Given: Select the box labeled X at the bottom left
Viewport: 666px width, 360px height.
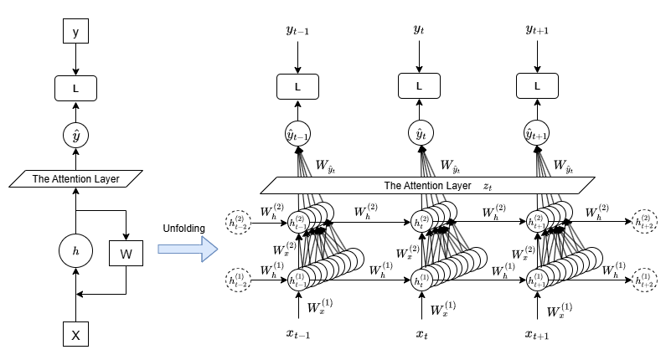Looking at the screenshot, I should [75, 335].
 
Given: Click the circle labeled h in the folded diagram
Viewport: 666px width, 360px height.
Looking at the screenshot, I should [75, 249].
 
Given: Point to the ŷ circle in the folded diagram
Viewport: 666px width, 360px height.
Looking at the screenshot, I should [75, 134].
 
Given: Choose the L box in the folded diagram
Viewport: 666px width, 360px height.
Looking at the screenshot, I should [75, 85].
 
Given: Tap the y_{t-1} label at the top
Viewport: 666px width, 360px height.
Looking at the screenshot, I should [298, 32].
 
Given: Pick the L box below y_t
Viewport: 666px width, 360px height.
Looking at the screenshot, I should [419, 85].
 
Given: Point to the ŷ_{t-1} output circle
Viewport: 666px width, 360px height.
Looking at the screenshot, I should [298, 134].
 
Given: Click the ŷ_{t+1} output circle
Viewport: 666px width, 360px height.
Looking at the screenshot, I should [536, 134].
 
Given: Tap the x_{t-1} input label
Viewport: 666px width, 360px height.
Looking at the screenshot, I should [298, 335].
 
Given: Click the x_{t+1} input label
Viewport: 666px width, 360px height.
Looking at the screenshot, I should [536, 335].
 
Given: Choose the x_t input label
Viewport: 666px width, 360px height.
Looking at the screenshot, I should [419, 335].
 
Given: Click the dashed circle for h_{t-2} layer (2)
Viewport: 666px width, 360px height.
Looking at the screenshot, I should [238, 222].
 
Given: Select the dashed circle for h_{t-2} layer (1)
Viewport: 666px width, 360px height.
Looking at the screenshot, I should [238, 279].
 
